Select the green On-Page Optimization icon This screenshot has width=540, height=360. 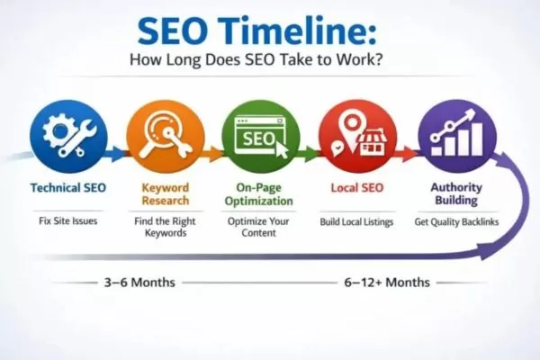(260, 135)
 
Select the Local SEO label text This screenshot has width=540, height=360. (357, 190)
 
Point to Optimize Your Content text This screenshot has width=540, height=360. (260, 227)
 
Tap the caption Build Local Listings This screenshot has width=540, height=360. (357, 220)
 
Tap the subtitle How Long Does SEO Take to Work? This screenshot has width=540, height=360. (270, 62)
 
